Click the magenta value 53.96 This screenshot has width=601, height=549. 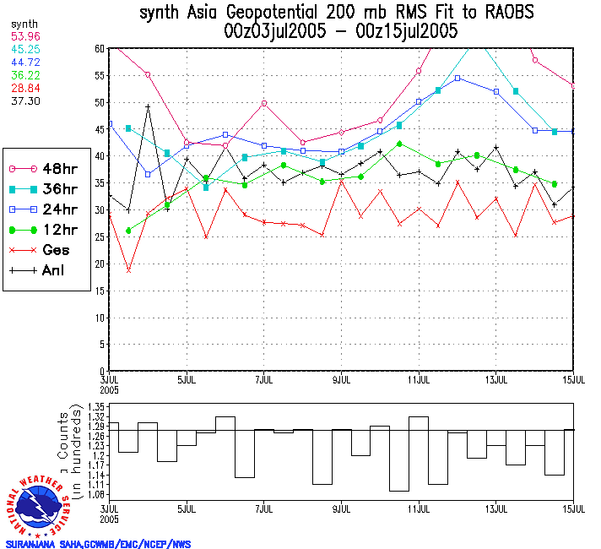[24, 38]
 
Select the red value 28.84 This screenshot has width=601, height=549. [24, 89]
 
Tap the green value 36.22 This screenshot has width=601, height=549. [24, 76]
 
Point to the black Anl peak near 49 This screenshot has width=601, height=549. [148, 106]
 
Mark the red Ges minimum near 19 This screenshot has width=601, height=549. [128, 270]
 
